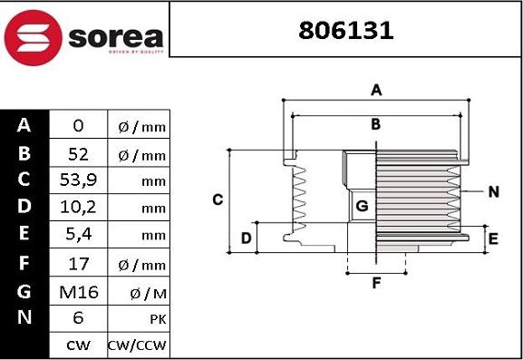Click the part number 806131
pyautogui.click(x=346, y=31)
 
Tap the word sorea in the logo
pyautogui.click(x=115, y=38)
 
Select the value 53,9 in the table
pyautogui.click(x=78, y=180)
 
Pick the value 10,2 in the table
pyautogui.click(x=78, y=208)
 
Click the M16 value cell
pyautogui.click(x=78, y=291)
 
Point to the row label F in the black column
pyautogui.click(x=24, y=264)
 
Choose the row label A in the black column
pyautogui.click(x=24, y=125)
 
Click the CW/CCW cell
pyautogui.click(x=138, y=345)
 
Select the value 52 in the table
pyautogui.click(x=78, y=152)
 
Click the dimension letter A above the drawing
pyautogui.click(x=376, y=90)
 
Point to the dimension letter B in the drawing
pyautogui.click(x=375, y=124)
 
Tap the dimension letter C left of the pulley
pyautogui.click(x=218, y=199)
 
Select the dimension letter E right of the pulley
pyautogui.click(x=493, y=238)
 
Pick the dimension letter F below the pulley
pyautogui.click(x=376, y=283)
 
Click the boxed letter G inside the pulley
pyautogui.click(x=362, y=206)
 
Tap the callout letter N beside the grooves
pyautogui.click(x=493, y=191)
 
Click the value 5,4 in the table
pyautogui.click(x=78, y=236)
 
